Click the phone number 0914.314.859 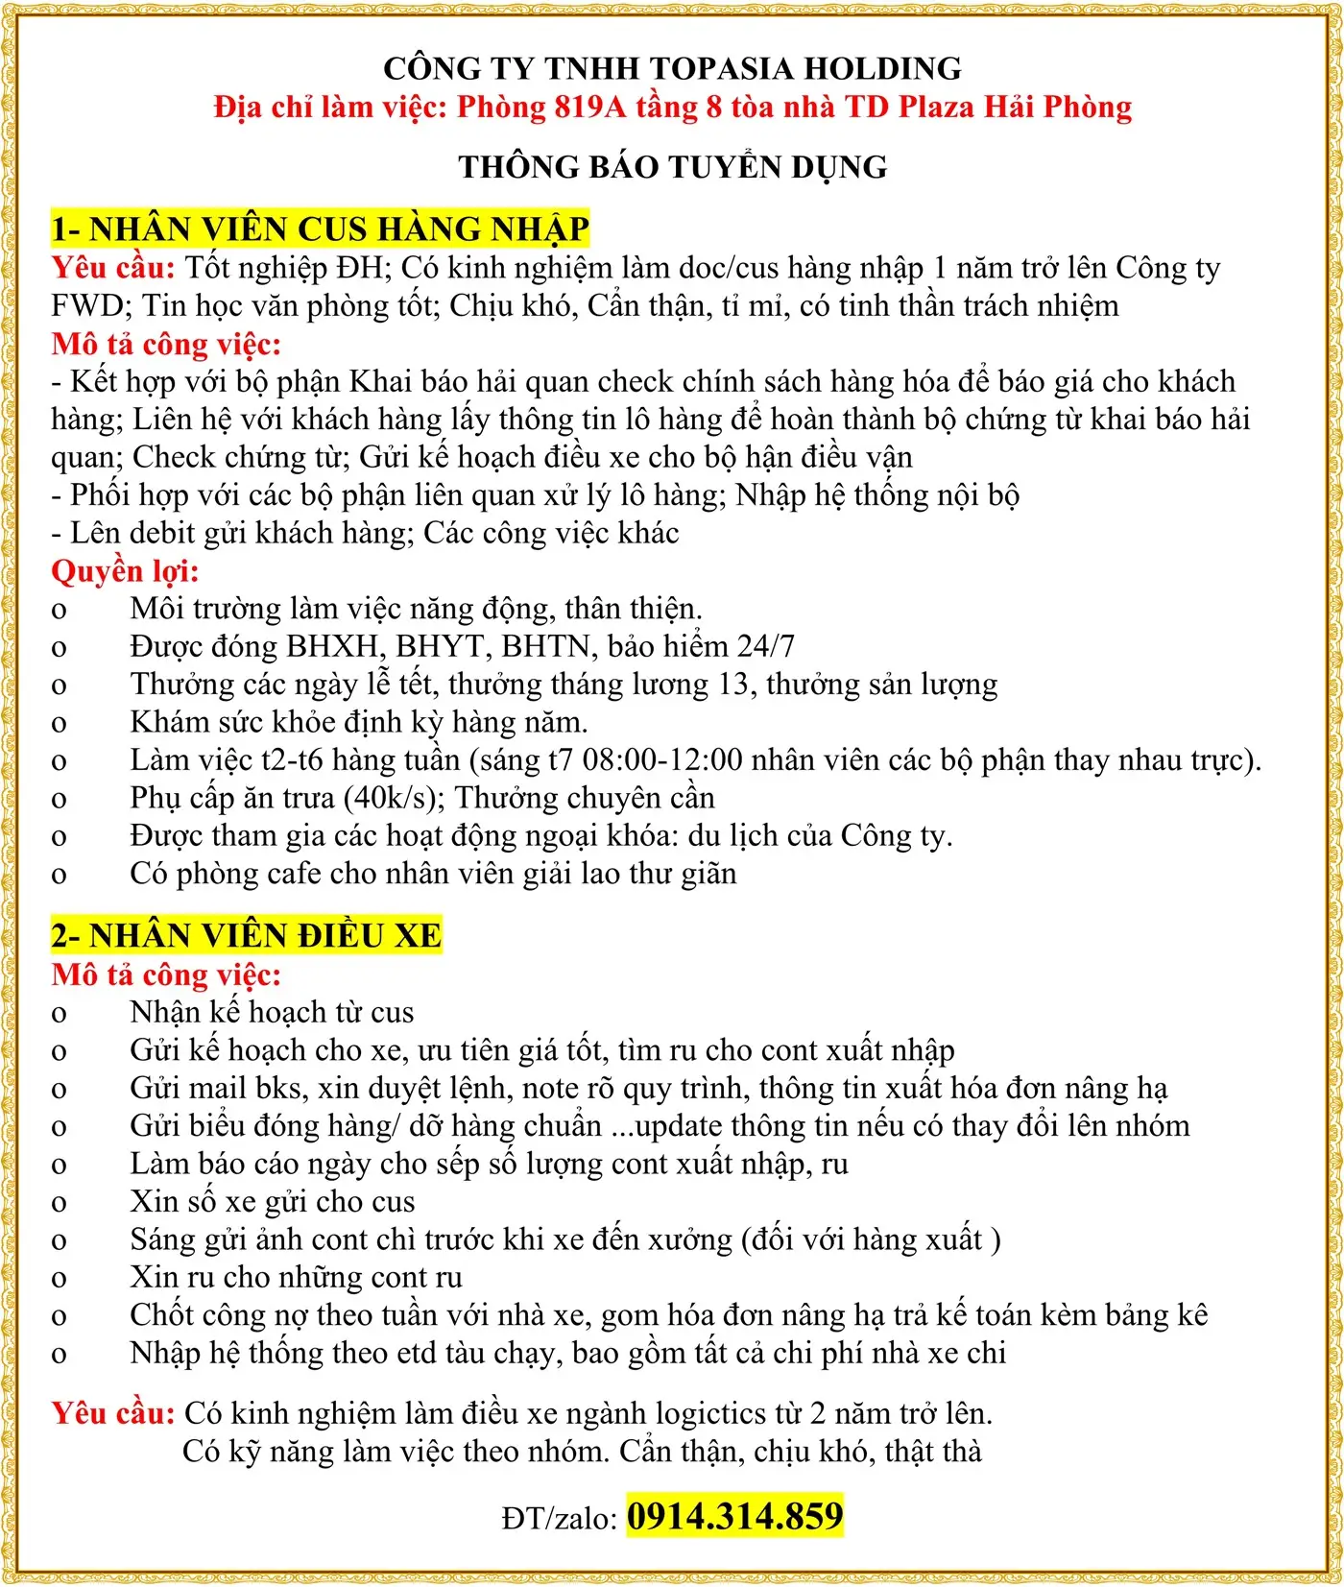click(x=734, y=1516)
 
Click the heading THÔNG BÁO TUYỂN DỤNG click(x=672, y=167)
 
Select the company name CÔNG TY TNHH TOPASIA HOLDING click(x=672, y=68)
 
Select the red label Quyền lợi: click(x=125, y=571)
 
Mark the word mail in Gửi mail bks click(x=217, y=1088)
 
